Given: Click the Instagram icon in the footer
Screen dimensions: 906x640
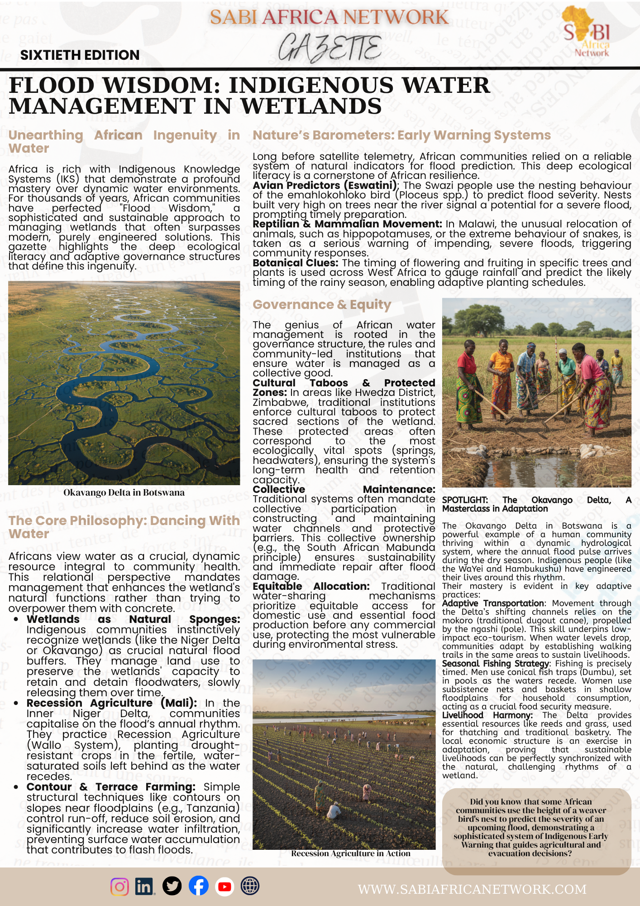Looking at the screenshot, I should click(x=119, y=886).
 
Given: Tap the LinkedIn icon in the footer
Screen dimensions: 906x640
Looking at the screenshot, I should click(x=144, y=886).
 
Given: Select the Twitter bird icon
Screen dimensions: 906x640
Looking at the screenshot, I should click(x=172, y=886).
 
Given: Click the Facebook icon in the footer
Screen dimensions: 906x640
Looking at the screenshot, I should click(x=198, y=886).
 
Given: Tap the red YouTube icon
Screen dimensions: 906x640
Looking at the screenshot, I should click(x=224, y=886).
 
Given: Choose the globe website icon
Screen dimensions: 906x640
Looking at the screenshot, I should click(x=250, y=886).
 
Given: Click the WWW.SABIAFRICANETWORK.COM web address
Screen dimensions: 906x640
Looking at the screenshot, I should click(x=472, y=889).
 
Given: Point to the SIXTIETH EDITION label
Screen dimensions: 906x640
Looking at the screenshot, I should click(x=80, y=55).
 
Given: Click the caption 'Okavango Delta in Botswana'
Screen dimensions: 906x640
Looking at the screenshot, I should click(x=124, y=492).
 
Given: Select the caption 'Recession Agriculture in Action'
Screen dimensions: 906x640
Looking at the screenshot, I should click(x=351, y=853).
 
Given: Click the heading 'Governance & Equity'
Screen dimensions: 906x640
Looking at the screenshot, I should click(x=322, y=305).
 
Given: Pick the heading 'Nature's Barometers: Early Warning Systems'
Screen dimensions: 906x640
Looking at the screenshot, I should click(x=401, y=135).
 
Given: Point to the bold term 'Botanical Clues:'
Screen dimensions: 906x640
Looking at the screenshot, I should click(x=296, y=263).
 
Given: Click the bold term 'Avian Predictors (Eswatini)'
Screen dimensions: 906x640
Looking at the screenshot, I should click(x=325, y=186).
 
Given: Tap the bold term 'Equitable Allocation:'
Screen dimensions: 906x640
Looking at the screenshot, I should click(x=311, y=587).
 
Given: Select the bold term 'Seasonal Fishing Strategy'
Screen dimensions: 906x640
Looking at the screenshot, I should click(x=496, y=664).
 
